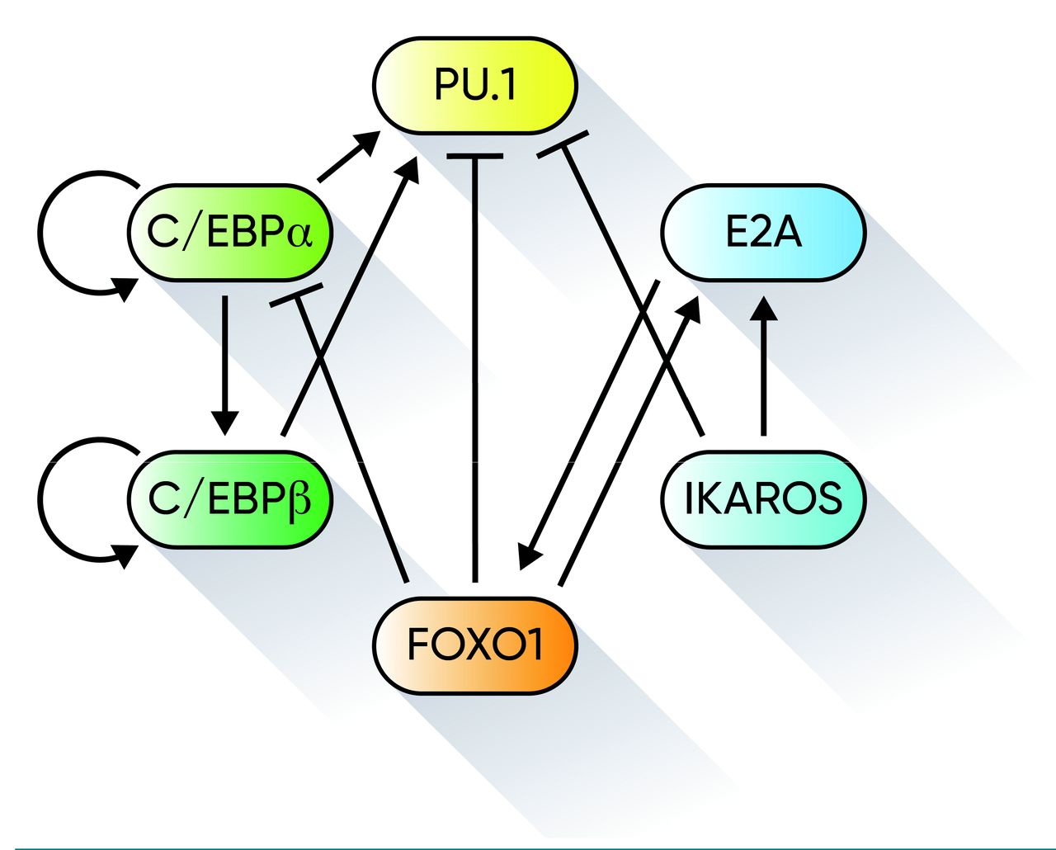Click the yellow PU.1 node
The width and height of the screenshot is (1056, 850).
coord(474,85)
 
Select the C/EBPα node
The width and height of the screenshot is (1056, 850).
coord(230,233)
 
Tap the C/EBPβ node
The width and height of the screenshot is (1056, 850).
coord(230,499)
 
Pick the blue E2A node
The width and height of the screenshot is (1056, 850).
coord(763,233)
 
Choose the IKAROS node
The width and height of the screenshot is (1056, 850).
coord(763,499)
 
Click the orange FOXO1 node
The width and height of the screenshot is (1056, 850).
coord(474,645)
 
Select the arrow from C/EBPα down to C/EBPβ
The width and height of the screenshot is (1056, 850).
coord(224,363)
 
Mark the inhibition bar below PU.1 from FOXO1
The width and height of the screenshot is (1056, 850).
coord(474,155)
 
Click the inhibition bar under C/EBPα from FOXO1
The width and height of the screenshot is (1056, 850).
coord(296,295)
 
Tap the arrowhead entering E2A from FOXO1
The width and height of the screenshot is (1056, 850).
coord(690,309)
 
